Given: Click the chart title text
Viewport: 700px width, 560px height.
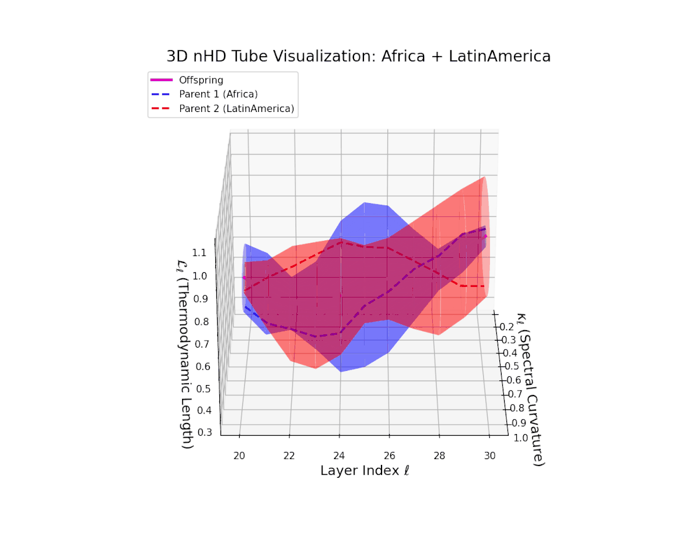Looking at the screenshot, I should (x=358, y=57).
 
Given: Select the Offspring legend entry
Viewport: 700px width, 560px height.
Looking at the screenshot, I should (x=201, y=80).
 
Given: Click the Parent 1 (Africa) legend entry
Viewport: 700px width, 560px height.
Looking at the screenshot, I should (x=218, y=93).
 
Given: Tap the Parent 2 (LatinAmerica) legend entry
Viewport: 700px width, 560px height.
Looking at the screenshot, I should (x=236, y=108).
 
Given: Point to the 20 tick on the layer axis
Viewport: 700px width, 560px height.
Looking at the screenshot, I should (x=239, y=455).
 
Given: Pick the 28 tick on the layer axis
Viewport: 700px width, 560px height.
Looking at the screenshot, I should (x=440, y=455).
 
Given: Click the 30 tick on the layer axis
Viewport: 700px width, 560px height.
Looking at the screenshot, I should (x=491, y=455).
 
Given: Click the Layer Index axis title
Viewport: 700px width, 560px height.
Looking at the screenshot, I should (x=365, y=471).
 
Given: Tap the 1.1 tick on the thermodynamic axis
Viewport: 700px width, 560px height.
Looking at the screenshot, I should (x=199, y=253).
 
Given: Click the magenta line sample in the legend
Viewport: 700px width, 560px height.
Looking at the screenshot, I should (x=162, y=80).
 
